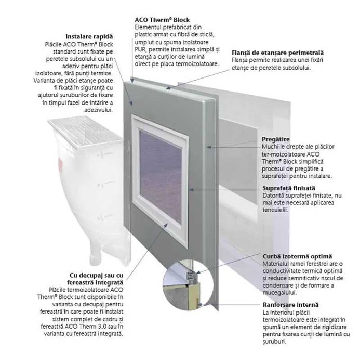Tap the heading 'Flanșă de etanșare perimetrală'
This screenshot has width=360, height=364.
[x=277, y=53]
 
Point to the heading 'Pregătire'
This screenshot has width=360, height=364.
[x=276, y=140]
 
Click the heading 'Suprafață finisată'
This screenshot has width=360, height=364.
[x=289, y=188]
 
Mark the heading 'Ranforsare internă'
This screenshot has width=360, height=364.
[x=290, y=305]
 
